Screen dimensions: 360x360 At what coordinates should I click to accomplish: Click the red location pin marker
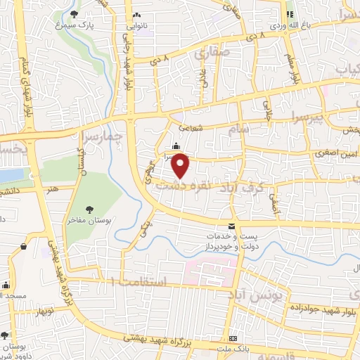click(x=181, y=165)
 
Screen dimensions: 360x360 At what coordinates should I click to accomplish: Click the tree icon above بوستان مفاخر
click(x=89, y=210)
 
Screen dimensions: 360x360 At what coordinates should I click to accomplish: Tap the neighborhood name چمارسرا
click(x=101, y=134)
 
